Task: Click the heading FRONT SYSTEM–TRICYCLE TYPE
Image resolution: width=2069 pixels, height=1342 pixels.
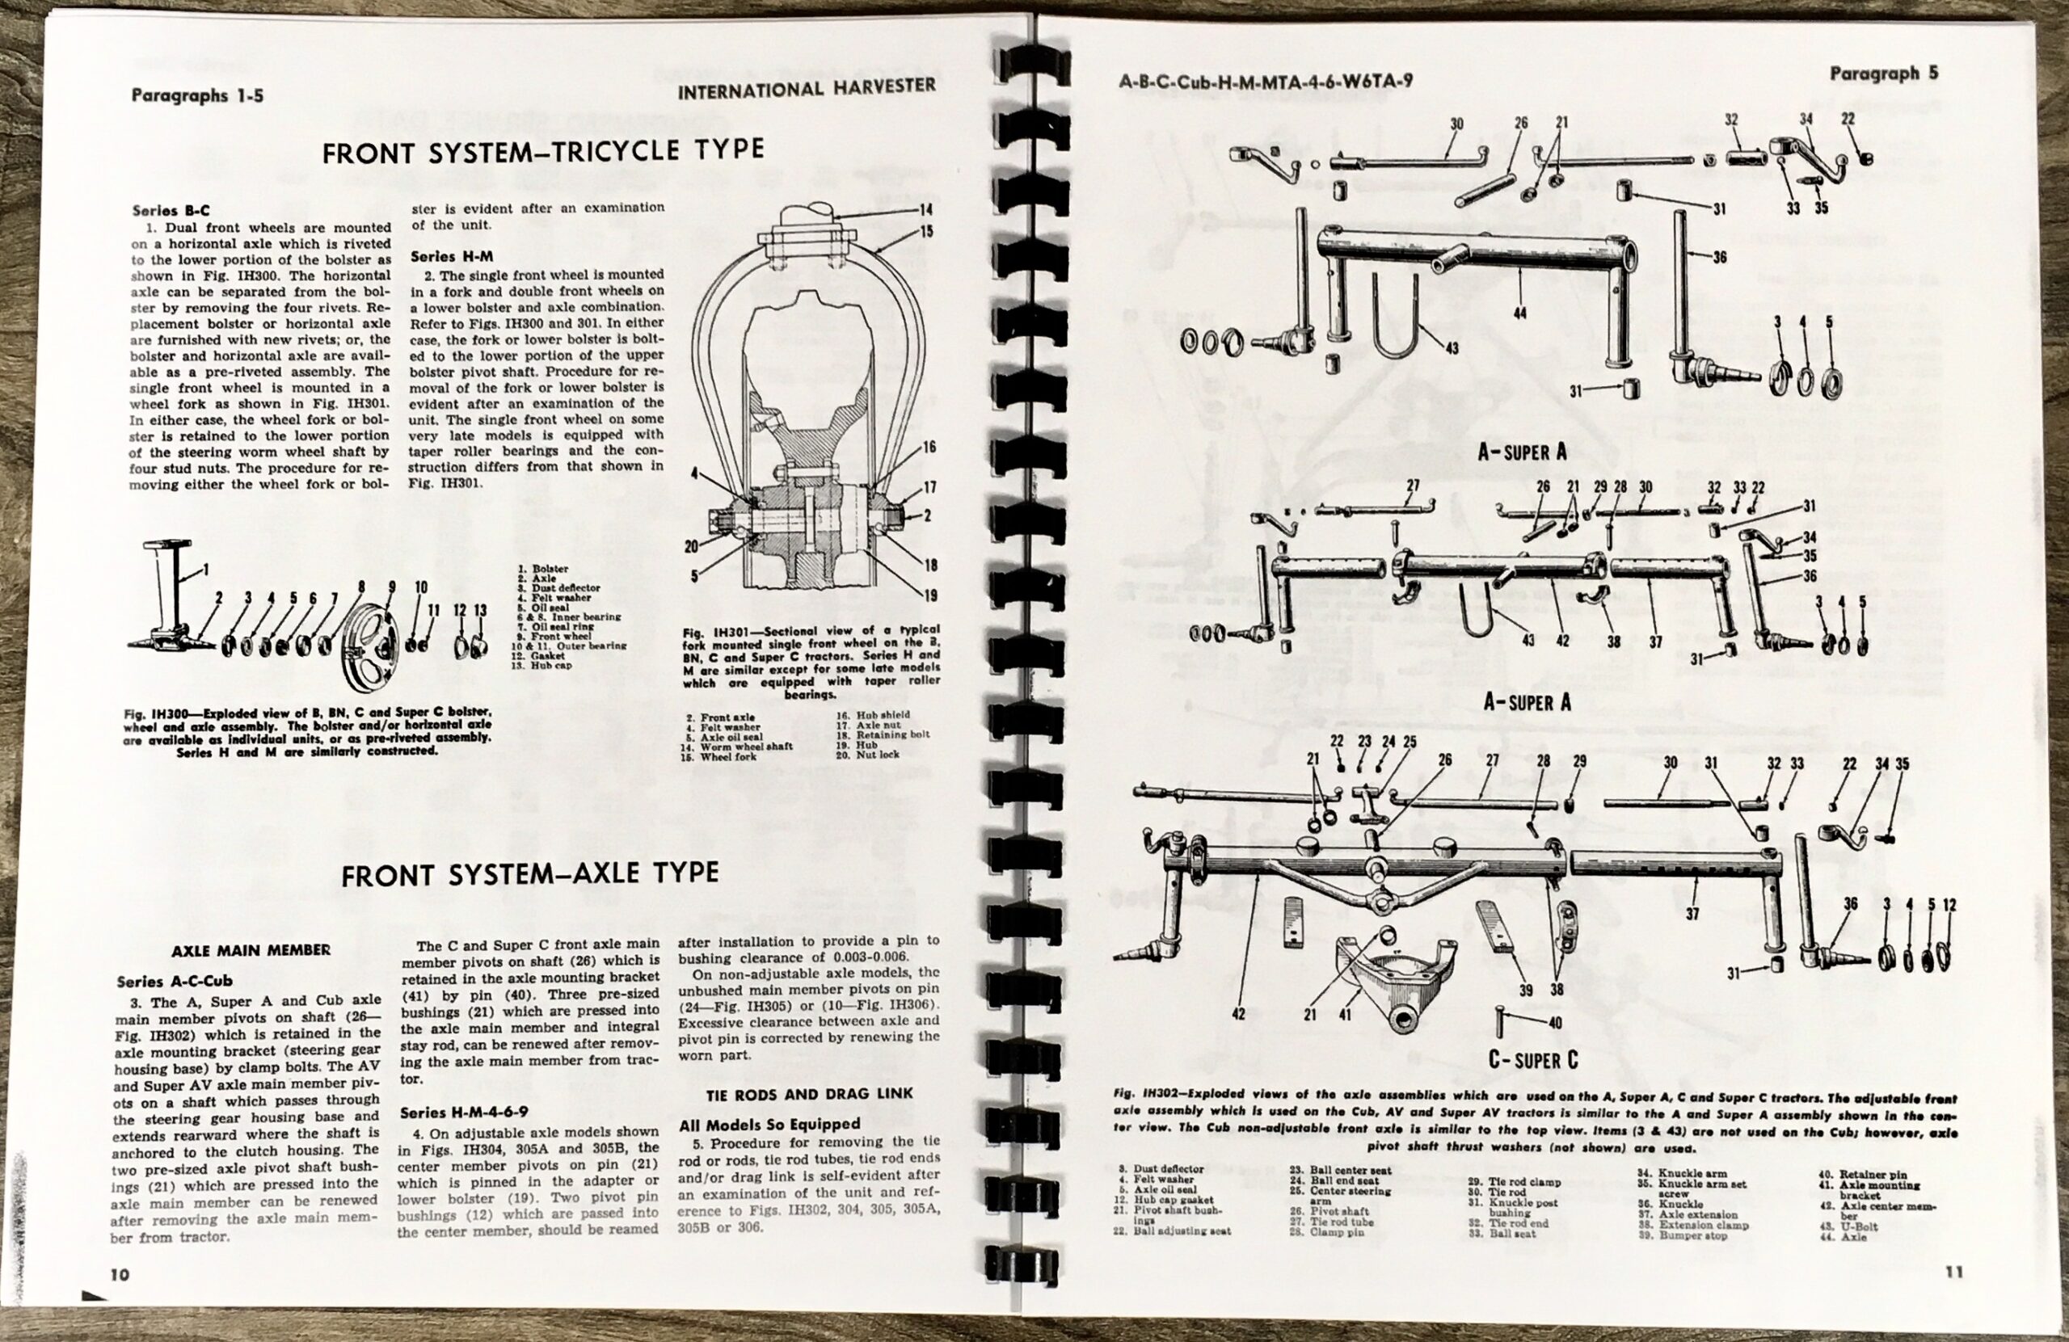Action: tap(542, 152)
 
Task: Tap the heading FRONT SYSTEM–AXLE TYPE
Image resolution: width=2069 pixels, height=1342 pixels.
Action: tap(530, 873)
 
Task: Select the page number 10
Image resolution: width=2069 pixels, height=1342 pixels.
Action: tap(120, 1273)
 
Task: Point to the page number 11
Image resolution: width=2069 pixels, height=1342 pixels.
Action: tap(1954, 1271)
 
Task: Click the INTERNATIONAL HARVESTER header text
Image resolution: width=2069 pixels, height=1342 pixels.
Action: tap(806, 88)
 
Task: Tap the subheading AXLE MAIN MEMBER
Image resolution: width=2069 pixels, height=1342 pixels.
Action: tap(251, 950)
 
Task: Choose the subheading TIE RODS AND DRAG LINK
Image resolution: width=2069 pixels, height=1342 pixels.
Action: tap(795, 1092)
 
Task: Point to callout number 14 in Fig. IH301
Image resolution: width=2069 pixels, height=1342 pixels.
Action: tap(926, 209)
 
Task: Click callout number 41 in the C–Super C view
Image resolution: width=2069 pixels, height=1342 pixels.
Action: tap(1345, 1013)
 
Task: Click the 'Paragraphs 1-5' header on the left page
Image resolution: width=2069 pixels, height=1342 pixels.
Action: tap(197, 95)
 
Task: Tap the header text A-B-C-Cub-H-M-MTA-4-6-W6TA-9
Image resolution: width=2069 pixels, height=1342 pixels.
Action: tap(1265, 82)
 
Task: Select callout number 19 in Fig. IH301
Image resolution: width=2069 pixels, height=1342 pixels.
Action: tap(930, 596)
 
